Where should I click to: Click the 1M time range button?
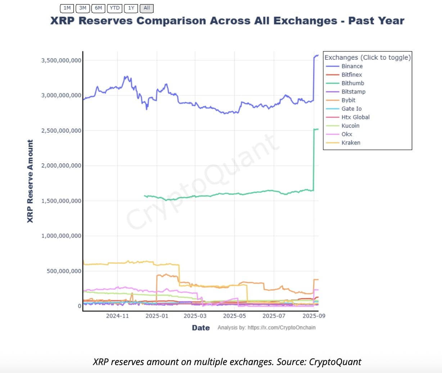click(67, 8)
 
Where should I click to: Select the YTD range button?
click(114, 8)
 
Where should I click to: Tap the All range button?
click(146, 8)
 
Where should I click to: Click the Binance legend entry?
click(352, 66)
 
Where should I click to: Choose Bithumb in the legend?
click(352, 83)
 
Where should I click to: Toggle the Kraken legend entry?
click(351, 143)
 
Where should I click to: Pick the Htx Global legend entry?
click(355, 117)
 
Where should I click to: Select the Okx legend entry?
click(347, 134)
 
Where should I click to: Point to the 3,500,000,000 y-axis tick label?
click(61, 60)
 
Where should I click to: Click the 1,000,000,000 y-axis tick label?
click(61, 236)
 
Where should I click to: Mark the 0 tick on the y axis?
click(80, 306)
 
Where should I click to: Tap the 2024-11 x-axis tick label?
click(117, 316)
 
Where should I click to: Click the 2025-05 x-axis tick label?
click(234, 316)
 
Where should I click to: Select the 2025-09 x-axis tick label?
click(314, 316)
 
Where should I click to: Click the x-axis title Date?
click(201, 328)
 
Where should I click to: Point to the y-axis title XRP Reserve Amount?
click(30, 181)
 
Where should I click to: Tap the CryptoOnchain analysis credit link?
click(281, 328)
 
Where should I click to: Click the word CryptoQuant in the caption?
click(335, 362)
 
